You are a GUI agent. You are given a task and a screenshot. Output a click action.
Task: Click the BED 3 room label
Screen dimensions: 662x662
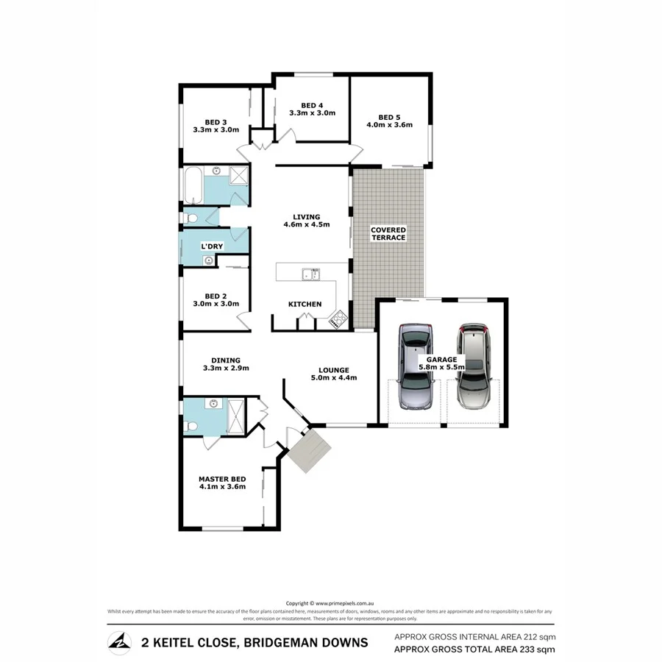tap(215, 121)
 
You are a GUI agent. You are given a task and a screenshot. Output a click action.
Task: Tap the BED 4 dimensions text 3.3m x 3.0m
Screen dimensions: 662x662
tap(312, 113)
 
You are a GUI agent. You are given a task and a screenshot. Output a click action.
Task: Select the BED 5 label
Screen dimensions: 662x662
tap(388, 116)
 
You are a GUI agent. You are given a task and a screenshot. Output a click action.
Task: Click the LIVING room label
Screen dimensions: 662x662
tap(306, 217)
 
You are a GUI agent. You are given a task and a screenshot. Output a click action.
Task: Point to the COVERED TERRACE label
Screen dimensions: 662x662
tap(388, 234)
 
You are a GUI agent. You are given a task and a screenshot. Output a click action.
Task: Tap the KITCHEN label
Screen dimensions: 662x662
tap(305, 304)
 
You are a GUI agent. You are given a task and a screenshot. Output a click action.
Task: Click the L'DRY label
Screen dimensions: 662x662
tap(212, 246)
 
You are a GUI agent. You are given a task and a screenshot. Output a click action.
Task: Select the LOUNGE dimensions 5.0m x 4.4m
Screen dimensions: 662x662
tap(333, 378)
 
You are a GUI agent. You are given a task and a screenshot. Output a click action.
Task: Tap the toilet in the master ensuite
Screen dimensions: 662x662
tap(190, 427)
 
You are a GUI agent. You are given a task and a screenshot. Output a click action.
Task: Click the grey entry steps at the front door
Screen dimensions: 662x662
tap(308, 449)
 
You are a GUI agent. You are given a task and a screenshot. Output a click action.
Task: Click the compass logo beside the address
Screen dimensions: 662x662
tap(118, 641)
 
